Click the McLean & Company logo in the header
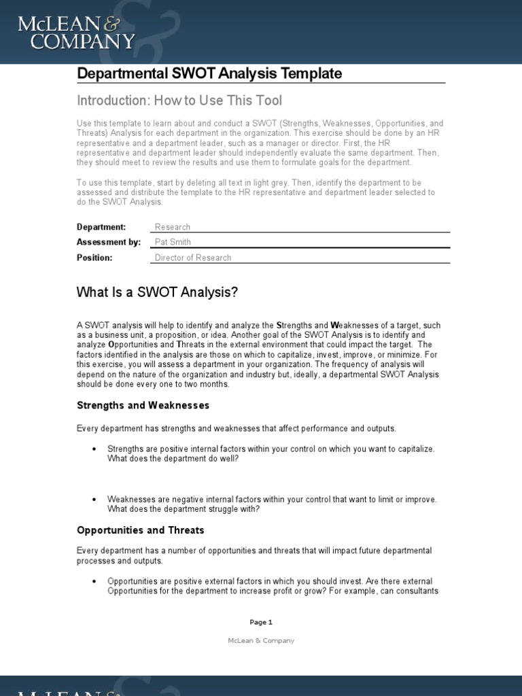pos(76,33)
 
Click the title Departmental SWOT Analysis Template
pos(209,73)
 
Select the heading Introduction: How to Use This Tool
pos(179,101)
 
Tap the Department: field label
pos(101,227)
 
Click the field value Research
pos(173,227)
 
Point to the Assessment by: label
pos(109,242)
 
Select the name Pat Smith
pos(173,242)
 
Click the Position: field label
pos(94,258)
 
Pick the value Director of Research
pos(193,258)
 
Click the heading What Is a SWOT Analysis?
pos(158,293)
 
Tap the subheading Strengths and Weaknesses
pos(143,406)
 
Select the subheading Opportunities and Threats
pos(140,530)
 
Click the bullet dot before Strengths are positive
pos(94,449)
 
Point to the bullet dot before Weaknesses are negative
pos(94,500)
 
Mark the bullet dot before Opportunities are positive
pos(94,582)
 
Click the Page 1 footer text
pos(261,622)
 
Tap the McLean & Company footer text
pos(261,640)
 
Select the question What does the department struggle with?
pos(184,509)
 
